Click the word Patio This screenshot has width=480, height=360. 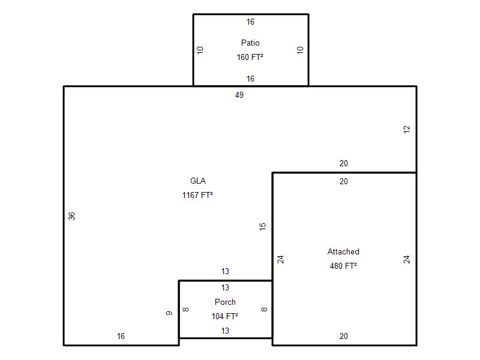(250, 43)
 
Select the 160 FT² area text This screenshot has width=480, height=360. (250, 57)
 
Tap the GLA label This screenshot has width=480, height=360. (198, 181)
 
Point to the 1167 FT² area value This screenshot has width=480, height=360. (197, 195)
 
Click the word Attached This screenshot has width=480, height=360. (343, 251)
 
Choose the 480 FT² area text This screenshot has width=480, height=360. (343, 266)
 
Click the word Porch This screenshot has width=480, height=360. (225, 302)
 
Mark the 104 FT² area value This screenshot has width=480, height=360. (224, 316)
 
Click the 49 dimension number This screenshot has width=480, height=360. (239, 95)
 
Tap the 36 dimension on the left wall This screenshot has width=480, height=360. (71, 216)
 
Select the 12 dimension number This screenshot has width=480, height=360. (406, 129)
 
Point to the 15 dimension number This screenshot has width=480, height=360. (262, 227)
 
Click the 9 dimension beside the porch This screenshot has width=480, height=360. (169, 313)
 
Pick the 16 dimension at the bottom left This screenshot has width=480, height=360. (121, 336)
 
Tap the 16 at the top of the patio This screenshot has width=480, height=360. (250, 22)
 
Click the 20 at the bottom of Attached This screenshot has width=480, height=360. (343, 336)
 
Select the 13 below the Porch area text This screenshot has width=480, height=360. (225, 331)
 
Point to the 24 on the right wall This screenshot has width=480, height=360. (406, 260)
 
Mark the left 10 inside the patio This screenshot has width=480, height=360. (200, 50)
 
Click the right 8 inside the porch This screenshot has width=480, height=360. (264, 310)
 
